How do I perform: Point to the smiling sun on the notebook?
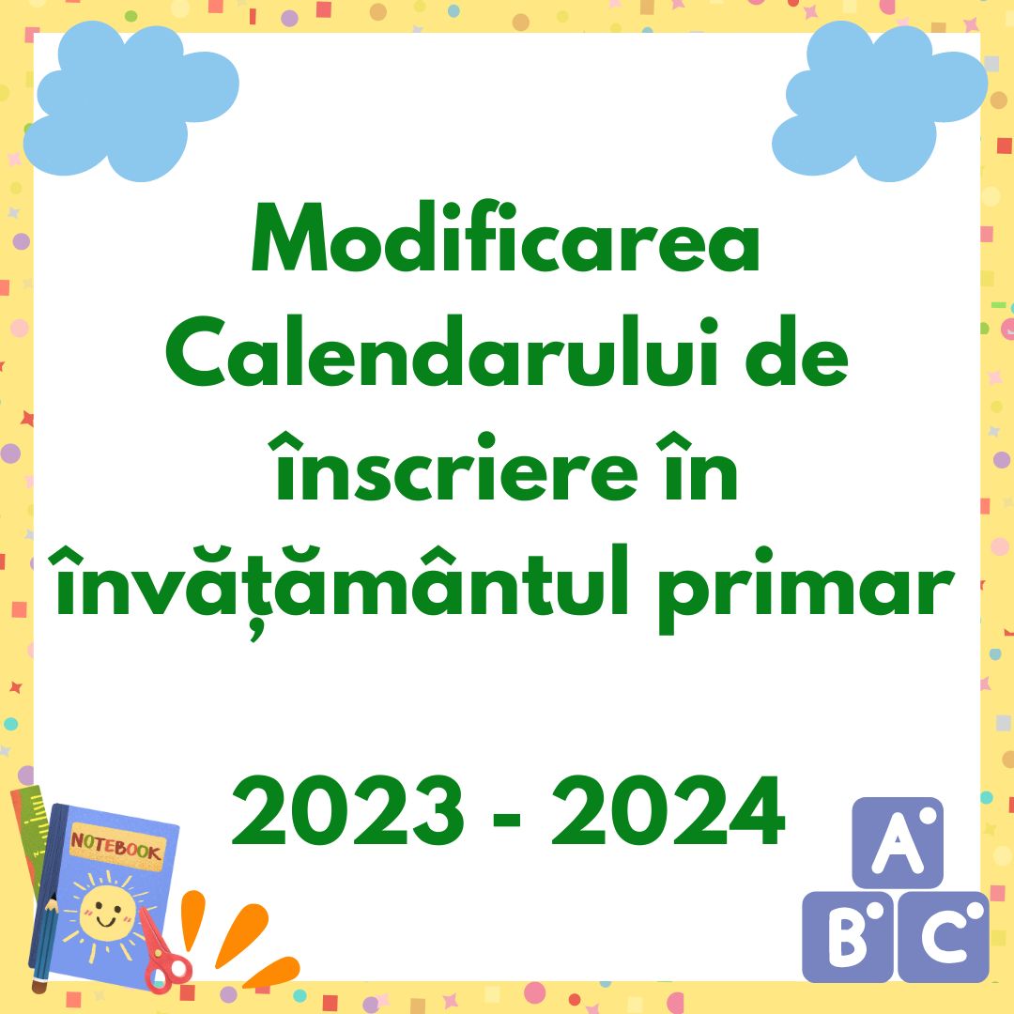[106, 910]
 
